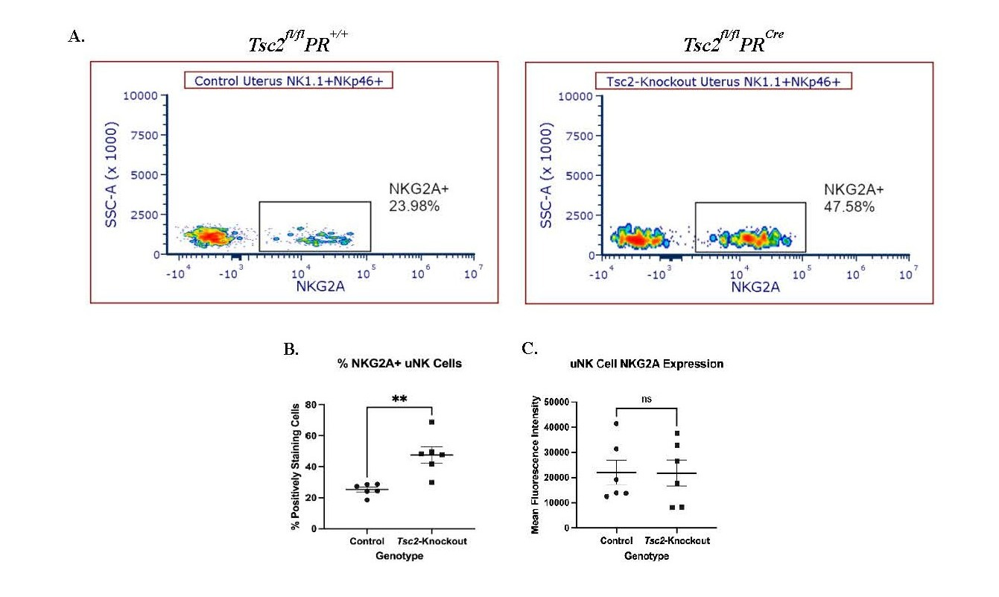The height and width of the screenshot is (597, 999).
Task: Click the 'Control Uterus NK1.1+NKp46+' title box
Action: click(288, 80)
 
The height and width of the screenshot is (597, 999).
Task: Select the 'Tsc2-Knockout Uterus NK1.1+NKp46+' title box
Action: click(723, 81)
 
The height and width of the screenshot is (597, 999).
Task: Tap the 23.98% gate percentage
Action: click(414, 197)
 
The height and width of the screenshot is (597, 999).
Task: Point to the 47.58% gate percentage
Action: click(849, 198)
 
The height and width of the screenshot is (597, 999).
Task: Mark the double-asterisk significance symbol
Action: click(399, 399)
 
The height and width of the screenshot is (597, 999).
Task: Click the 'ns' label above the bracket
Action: click(647, 399)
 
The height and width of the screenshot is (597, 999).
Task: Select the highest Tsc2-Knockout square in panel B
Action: click(431, 423)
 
